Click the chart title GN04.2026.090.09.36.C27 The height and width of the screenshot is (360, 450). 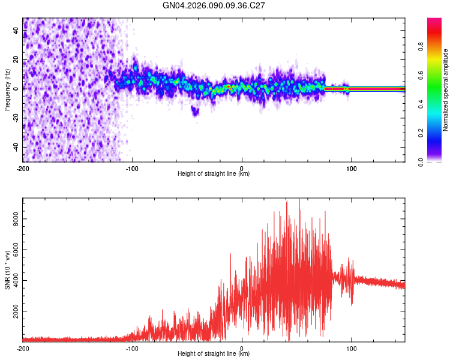point(214,5)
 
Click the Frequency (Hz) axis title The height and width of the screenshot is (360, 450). point(7,90)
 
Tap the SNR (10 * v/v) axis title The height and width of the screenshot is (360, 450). point(7,270)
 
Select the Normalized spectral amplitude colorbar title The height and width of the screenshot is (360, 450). point(446,90)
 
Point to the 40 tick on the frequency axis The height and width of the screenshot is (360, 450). point(16,30)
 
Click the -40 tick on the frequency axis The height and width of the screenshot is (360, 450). point(16,147)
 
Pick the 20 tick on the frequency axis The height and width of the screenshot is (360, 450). point(16,59)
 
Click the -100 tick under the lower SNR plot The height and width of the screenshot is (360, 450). point(132,347)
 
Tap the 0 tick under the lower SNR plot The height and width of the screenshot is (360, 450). point(242,347)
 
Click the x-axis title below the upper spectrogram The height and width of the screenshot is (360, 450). point(214,174)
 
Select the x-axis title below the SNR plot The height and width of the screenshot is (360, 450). point(214,353)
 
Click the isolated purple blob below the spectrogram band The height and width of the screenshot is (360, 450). point(194,110)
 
